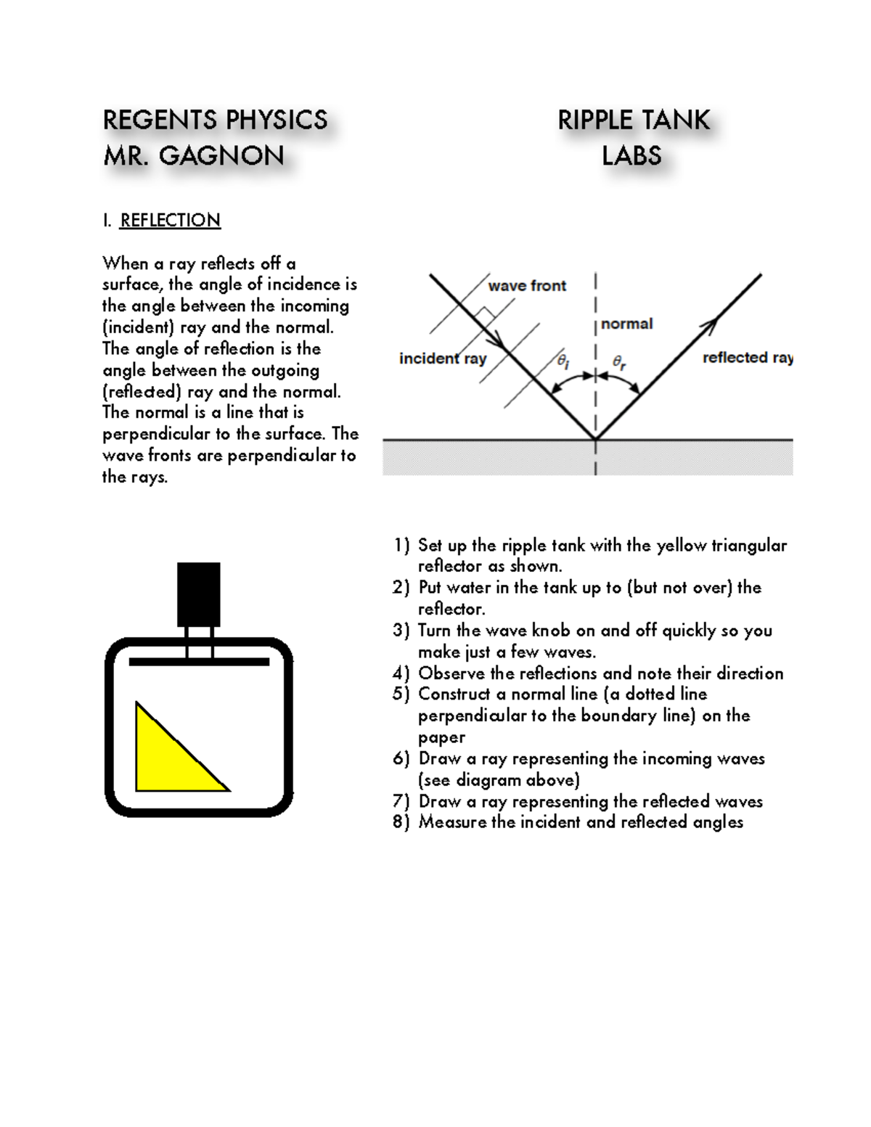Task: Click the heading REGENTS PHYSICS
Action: tap(215, 120)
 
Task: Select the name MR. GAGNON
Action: tap(194, 155)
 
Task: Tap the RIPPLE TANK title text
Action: tap(634, 120)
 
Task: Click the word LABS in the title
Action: tap(631, 155)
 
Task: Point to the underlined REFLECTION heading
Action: tap(170, 220)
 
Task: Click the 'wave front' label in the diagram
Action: tap(527, 286)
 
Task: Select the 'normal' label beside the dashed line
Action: tap(626, 324)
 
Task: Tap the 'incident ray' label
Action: tap(443, 358)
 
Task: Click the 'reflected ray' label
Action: tap(747, 358)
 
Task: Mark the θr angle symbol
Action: tap(619, 361)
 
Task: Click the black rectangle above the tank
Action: tap(198, 594)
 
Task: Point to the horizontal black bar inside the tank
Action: tap(199, 661)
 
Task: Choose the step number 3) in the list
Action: tap(401, 630)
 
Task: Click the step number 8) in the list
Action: tap(401, 822)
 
